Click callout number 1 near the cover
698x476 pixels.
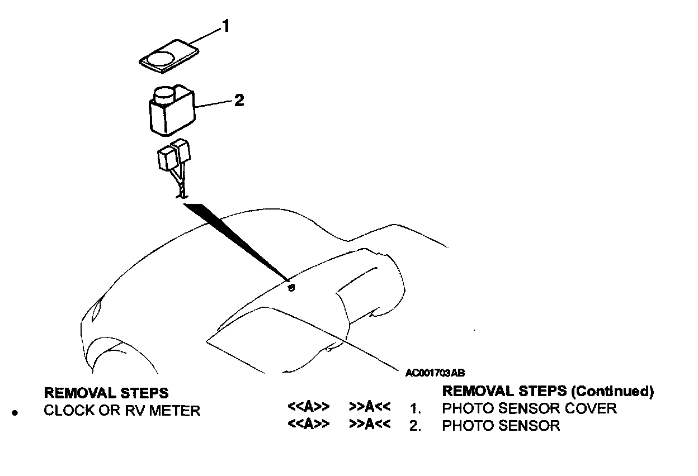pos(225,27)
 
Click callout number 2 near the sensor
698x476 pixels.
pos(239,101)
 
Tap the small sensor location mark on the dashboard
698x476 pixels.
pos(291,288)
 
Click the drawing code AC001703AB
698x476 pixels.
pos(436,372)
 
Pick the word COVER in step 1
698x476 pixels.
pos(591,408)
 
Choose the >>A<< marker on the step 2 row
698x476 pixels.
pos(369,425)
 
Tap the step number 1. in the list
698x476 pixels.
pos(414,408)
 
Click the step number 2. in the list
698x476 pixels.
pos(414,426)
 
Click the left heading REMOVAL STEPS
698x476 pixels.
pos(106,393)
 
